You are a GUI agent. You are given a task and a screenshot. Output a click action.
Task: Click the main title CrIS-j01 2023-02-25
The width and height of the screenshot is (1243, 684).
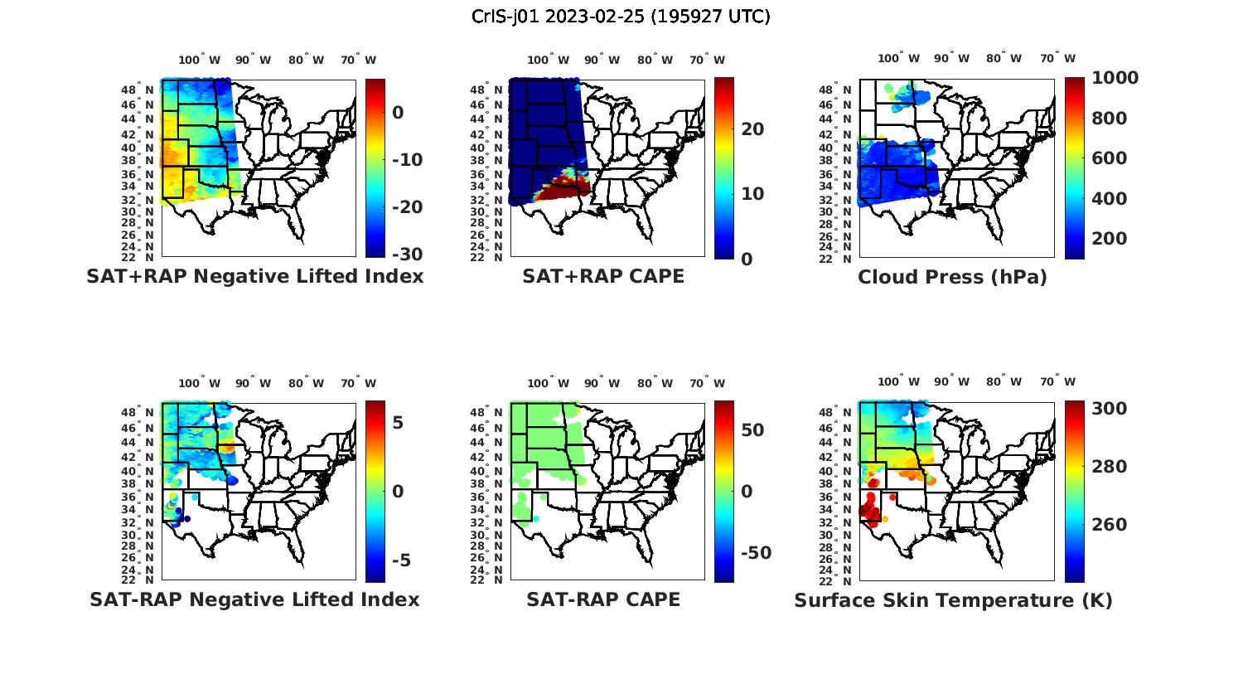(x=621, y=17)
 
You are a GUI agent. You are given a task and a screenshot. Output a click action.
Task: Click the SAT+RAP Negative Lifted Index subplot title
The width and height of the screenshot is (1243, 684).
(x=254, y=276)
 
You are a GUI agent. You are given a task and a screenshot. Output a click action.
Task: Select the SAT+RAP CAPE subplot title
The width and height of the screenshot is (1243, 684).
(x=603, y=276)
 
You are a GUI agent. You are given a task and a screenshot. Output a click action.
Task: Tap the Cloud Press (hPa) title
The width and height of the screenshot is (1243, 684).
(x=952, y=277)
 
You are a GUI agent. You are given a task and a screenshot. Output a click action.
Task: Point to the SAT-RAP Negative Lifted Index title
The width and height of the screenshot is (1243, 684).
(x=254, y=599)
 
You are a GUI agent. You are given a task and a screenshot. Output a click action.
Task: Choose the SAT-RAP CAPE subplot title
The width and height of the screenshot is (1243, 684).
(x=603, y=599)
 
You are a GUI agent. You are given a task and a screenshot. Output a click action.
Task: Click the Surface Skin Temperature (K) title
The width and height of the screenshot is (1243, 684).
(x=953, y=600)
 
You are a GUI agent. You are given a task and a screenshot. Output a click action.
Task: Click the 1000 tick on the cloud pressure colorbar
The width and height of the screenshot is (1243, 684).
(x=1115, y=78)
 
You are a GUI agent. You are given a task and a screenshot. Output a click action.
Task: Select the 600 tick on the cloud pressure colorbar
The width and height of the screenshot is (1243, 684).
(x=1108, y=158)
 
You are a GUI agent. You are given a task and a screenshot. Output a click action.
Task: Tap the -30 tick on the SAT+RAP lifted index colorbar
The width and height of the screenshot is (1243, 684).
(x=406, y=255)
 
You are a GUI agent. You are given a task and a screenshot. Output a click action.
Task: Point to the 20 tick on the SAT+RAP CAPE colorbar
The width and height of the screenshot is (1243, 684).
(x=752, y=129)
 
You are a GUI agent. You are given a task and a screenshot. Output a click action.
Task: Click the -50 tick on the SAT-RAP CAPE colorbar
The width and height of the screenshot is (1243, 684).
(x=756, y=553)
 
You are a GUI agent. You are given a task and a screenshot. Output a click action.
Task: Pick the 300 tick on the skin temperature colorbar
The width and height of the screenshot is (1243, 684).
(x=1108, y=409)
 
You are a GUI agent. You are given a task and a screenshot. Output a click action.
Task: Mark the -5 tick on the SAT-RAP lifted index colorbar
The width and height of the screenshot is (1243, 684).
(x=401, y=560)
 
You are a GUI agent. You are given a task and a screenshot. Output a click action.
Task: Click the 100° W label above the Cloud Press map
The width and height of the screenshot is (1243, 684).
(x=899, y=58)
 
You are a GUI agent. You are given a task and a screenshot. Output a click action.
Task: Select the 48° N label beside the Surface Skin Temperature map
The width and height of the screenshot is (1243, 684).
(x=842, y=413)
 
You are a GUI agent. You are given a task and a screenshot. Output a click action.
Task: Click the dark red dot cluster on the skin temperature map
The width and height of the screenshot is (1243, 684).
(x=869, y=507)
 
